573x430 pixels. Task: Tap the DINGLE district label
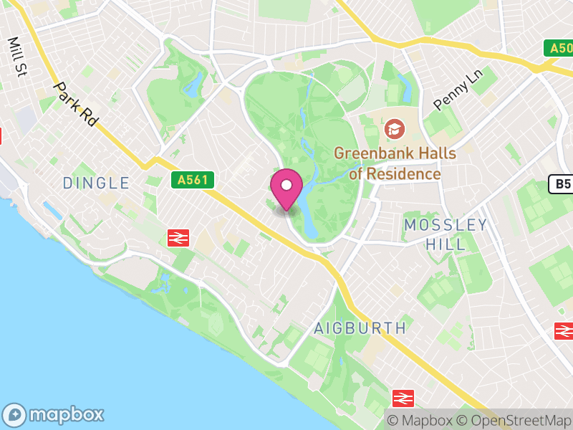tap(96, 183)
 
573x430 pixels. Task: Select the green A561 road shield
tap(193, 180)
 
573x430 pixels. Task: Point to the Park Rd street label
tap(75, 105)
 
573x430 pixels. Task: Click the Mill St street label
tap(15, 57)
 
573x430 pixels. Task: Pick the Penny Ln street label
tap(458, 90)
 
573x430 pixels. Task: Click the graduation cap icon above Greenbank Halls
tap(393, 130)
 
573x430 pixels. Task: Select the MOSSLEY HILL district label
tap(445, 234)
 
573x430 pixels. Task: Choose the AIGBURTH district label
tap(360, 328)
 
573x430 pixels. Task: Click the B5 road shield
tap(562, 185)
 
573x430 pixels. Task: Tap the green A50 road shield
tap(559, 48)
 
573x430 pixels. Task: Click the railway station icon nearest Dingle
tap(178, 237)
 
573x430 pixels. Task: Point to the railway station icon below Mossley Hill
tap(564, 331)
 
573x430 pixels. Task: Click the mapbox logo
tap(54, 414)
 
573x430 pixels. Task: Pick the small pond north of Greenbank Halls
tap(405, 90)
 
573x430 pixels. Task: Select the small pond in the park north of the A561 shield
tap(192, 86)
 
